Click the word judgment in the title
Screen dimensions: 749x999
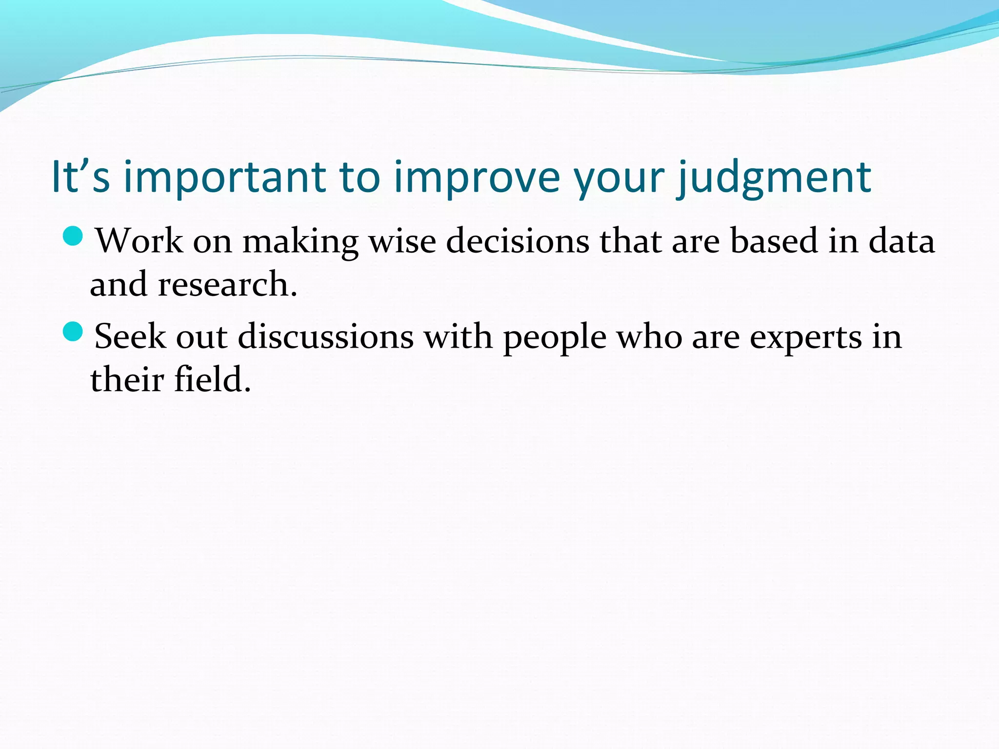click(775, 177)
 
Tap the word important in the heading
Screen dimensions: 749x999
click(225, 177)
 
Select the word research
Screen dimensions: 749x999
click(227, 284)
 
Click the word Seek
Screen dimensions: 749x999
click(130, 336)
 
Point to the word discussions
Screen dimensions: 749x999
click(326, 336)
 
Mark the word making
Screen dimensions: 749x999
click(300, 241)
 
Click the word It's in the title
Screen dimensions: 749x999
click(80, 177)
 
